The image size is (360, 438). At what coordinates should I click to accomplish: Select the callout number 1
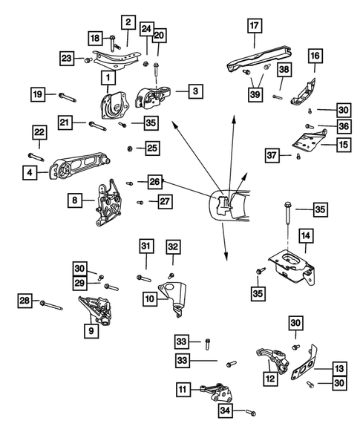pos(108,77)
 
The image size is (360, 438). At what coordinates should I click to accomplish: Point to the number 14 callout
pos(305,237)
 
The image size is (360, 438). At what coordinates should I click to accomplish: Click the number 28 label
pos(26,301)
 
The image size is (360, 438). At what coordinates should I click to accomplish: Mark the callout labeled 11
pos(182,388)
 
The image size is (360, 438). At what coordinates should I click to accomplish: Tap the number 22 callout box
pos(39,132)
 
